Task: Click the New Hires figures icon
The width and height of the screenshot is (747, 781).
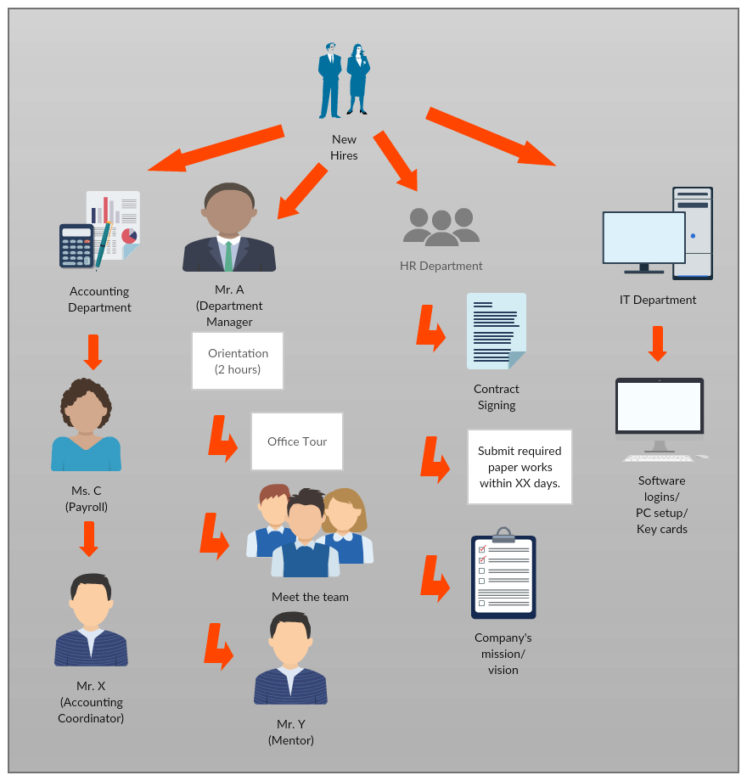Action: click(344, 81)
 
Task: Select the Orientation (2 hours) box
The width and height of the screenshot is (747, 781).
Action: click(238, 361)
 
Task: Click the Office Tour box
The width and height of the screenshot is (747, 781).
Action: click(297, 441)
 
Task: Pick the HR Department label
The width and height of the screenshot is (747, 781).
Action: click(441, 266)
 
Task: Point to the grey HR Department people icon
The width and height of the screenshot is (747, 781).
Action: click(441, 225)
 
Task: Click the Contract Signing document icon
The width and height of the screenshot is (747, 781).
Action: click(496, 331)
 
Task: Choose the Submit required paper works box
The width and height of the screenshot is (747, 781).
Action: click(520, 467)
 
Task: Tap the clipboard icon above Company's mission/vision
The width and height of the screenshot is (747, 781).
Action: click(503, 577)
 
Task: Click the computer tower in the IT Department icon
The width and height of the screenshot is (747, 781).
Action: click(693, 233)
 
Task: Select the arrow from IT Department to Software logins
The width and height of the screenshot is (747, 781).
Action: click(657, 343)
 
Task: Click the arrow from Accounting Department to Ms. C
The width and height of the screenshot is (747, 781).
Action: click(93, 351)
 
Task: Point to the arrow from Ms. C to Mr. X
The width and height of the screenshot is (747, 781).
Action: click(88, 538)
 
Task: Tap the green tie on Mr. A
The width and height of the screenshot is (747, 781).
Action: click(228, 256)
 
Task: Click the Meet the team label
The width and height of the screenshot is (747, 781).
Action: click(310, 597)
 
